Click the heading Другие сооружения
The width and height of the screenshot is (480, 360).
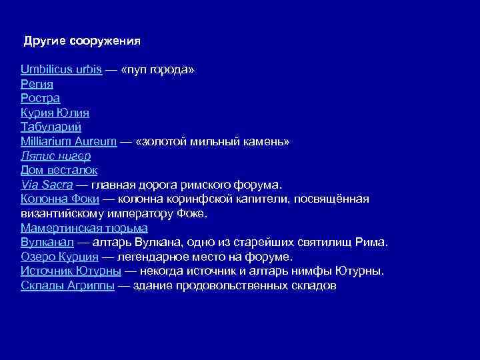tap(82, 41)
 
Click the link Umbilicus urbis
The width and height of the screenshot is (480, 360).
tap(61, 70)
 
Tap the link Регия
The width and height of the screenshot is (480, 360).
tap(37, 84)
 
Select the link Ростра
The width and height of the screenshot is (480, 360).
tap(40, 99)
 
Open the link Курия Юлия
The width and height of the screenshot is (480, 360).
tap(55, 113)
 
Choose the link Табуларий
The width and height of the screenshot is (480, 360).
tap(51, 127)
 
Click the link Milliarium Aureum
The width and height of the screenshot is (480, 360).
tap(69, 141)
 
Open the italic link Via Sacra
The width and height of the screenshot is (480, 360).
tap(47, 185)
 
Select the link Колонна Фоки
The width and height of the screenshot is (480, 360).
tap(60, 199)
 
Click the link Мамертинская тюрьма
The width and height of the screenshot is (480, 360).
tap(84, 228)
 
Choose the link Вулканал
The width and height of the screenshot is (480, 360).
tap(47, 242)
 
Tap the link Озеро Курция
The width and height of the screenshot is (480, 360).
tap(59, 257)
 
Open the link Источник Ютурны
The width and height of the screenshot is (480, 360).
tap(71, 271)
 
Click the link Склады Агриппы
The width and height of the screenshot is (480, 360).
tap(69, 285)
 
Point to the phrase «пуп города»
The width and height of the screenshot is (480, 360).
tap(159, 70)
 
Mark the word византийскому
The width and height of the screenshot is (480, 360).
tap(62, 213)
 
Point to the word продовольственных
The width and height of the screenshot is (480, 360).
tap(232, 285)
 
